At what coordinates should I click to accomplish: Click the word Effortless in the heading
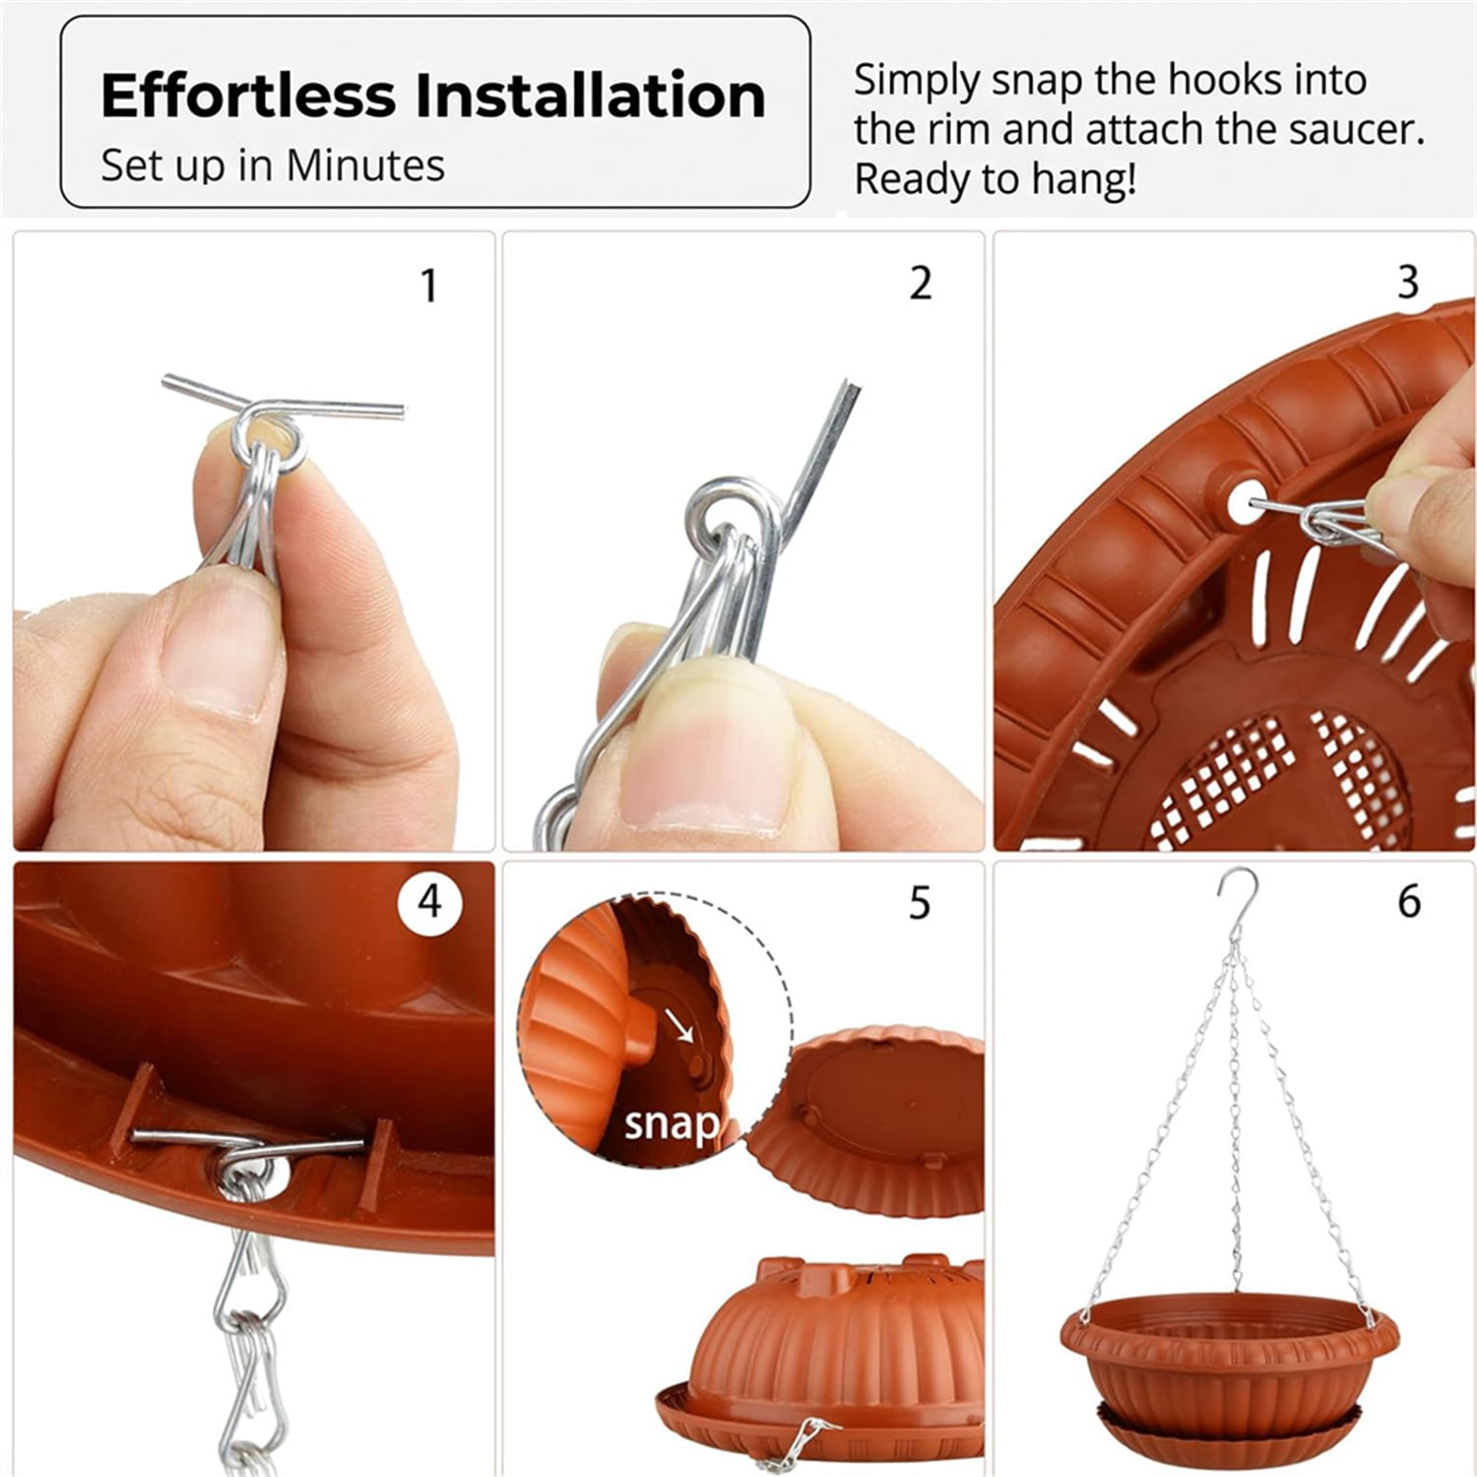pyautogui.click(x=247, y=96)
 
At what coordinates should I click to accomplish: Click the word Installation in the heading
pyautogui.click(x=589, y=96)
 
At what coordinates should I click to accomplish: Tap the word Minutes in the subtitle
pyautogui.click(x=365, y=165)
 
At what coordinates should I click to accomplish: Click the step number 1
pyautogui.click(x=428, y=287)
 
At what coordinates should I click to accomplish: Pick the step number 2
pyautogui.click(x=920, y=284)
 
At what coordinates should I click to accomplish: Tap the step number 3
pyautogui.click(x=1408, y=283)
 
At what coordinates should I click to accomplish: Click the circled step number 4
pyautogui.click(x=430, y=901)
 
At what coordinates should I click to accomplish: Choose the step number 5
pyautogui.click(x=920, y=903)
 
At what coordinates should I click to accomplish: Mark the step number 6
pyautogui.click(x=1409, y=903)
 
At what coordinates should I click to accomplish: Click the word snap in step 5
pyautogui.click(x=672, y=1124)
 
